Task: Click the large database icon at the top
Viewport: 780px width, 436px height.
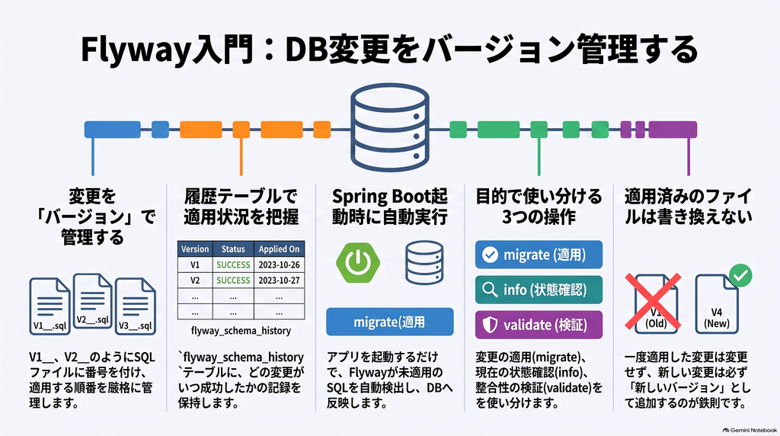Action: [389, 127]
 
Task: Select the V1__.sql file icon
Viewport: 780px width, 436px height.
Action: [50, 306]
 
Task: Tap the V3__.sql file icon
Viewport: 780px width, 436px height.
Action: [136, 306]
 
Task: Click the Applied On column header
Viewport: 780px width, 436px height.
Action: [279, 248]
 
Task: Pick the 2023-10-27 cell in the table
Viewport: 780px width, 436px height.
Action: [279, 281]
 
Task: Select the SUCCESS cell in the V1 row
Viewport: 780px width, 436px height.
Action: [233, 264]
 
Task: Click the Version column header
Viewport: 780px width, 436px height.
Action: [195, 248]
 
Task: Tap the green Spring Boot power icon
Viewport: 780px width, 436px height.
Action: [358, 262]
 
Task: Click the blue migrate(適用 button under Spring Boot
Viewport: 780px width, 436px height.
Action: [389, 322]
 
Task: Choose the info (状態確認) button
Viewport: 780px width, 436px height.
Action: [539, 290]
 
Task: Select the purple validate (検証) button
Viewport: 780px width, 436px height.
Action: [539, 325]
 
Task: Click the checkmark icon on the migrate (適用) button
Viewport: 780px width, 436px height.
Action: [490, 255]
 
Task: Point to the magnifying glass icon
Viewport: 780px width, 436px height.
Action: [490, 290]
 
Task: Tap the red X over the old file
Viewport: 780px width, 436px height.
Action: [653, 300]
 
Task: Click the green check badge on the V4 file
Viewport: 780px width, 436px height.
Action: [740, 275]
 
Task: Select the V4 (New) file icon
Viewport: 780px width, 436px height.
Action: [716, 304]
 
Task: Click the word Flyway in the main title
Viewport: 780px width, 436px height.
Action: [136, 50]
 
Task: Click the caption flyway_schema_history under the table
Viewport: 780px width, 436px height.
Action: [241, 331]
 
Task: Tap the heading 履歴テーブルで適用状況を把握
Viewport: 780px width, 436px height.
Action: [241, 207]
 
